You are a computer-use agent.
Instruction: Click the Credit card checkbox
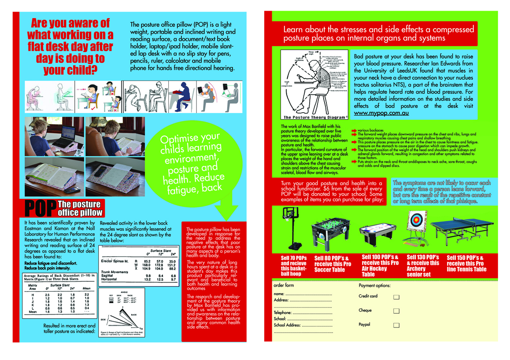click(396, 297)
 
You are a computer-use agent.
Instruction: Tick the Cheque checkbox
click(396, 311)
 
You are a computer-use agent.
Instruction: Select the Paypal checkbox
click(396, 326)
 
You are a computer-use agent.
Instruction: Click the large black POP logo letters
click(41, 209)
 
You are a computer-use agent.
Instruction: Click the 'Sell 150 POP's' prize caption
click(466, 263)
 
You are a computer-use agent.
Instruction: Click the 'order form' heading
click(284, 286)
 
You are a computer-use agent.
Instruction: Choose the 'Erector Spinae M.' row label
click(115, 261)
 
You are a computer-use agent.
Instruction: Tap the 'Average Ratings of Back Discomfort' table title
click(58, 277)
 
